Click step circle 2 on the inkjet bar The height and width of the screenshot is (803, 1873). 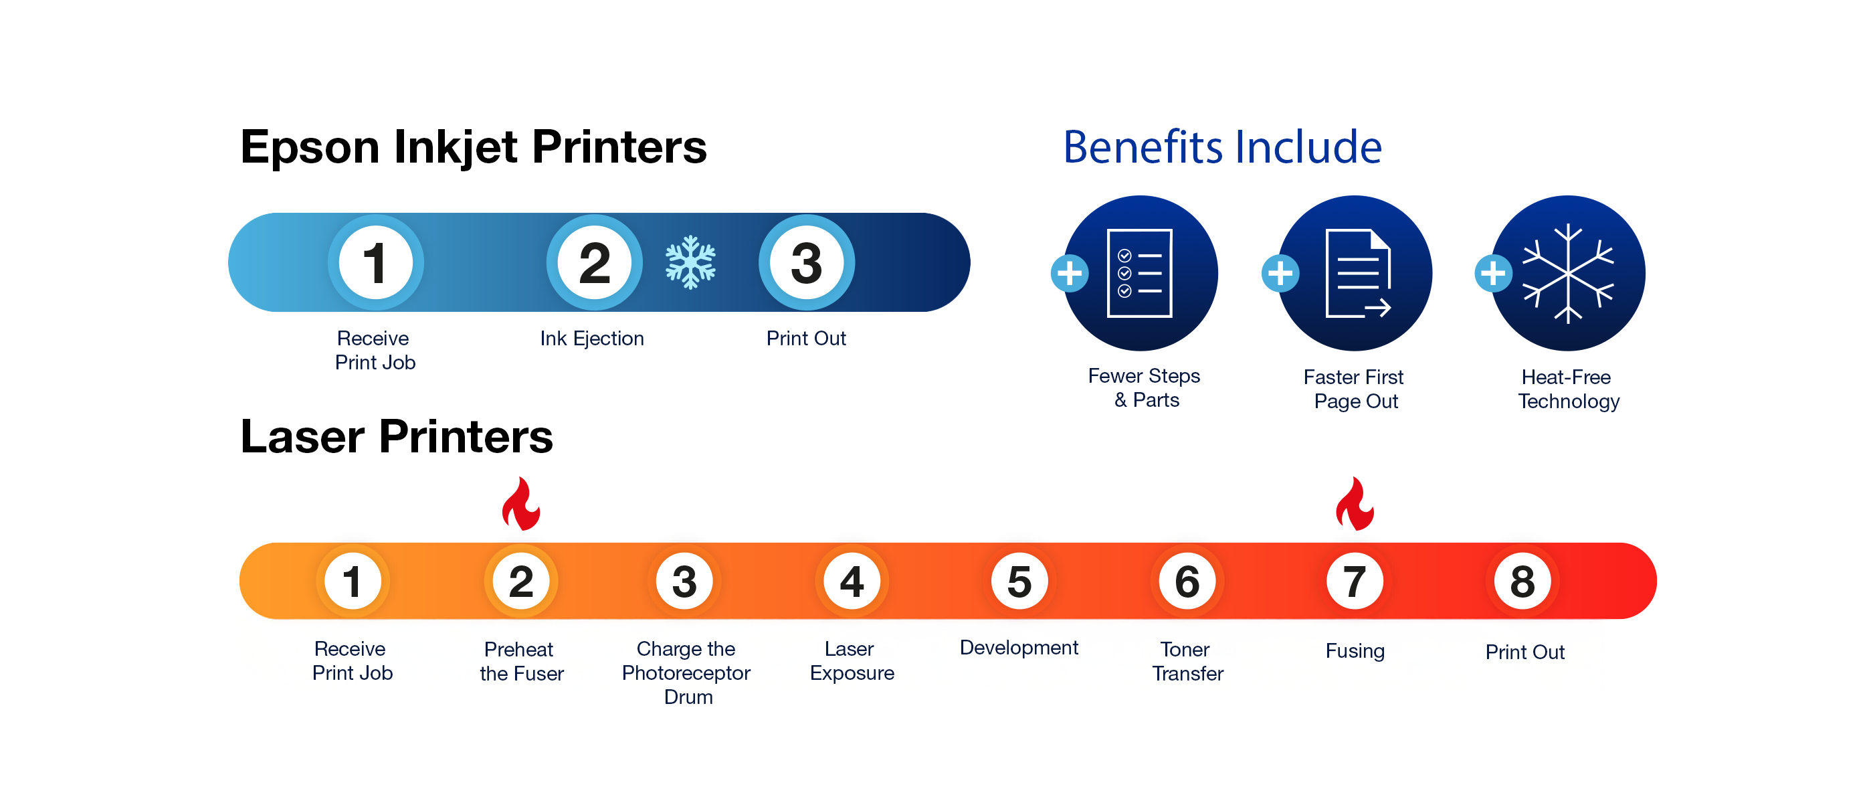click(x=594, y=262)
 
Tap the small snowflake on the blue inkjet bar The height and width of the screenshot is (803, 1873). click(x=690, y=262)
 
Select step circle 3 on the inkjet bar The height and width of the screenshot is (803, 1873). click(x=806, y=262)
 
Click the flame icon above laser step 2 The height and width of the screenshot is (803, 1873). click(x=521, y=503)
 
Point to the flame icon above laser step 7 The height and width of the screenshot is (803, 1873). click(x=1355, y=503)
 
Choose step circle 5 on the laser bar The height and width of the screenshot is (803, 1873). click(x=1019, y=581)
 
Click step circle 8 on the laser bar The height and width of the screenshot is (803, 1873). click(x=1522, y=581)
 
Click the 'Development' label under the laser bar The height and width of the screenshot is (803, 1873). click(x=1019, y=647)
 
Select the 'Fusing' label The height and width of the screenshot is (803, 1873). click(x=1355, y=651)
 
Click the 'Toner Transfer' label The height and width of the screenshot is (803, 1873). click(x=1187, y=661)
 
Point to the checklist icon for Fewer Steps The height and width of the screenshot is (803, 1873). click(x=1139, y=274)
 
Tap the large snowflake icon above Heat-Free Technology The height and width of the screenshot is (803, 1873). click(x=1569, y=274)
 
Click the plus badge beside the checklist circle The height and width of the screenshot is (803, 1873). click(x=1070, y=274)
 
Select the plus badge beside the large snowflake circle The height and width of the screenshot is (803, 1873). click(x=1494, y=274)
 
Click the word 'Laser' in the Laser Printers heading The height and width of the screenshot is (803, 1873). click(x=302, y=437)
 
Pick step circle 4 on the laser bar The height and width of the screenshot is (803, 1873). click(x=852, y=581)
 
